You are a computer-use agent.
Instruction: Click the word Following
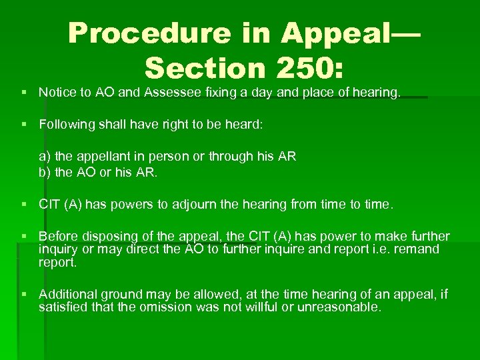[65, 123]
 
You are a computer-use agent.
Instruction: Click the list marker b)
[44, 172]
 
